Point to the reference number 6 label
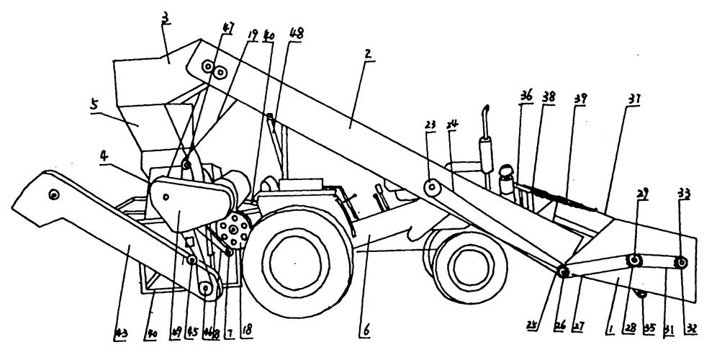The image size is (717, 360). (x=367, y=331)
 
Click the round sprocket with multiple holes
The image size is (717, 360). (x=233, y=233)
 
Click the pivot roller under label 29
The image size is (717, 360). (x=634, y=261)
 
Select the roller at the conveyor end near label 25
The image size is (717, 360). (x=563, y=272)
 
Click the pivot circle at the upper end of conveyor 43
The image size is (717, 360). (x=53, y=194)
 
